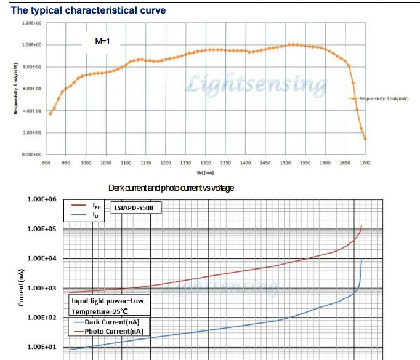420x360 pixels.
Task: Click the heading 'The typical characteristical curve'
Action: coord(88,10)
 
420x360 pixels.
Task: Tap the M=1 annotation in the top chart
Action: coord(102,42)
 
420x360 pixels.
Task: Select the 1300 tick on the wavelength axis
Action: coord(206,162)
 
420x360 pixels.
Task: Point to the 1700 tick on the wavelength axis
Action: coord(365,162)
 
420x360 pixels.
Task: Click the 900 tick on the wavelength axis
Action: coord(46,162)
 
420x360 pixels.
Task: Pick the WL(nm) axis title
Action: coord(205,173)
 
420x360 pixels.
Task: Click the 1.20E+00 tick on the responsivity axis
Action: coord(31,23)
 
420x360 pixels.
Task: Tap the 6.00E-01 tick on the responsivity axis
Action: coord(31,89)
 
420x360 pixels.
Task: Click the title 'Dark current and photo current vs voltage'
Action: coord(171,188)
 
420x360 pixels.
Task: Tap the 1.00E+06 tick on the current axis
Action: coord(42,199)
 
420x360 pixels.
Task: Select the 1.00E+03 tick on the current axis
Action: coord(42,288)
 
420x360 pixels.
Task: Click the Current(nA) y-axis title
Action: coord(21,288)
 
